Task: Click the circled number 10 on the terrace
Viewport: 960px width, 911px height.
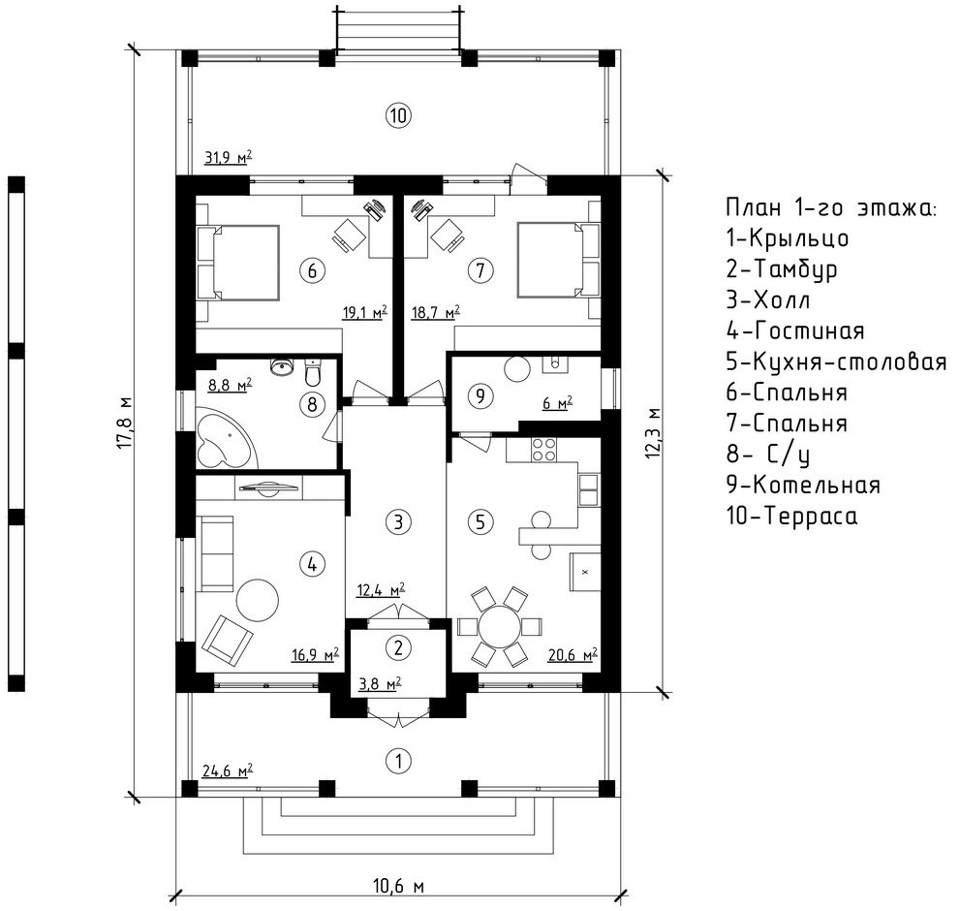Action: pos(398,115)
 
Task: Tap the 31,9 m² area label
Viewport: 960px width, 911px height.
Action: pos(228,157)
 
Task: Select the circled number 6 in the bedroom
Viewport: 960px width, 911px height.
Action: pos(312,269)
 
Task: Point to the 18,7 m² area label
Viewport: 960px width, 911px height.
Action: pos(435,312)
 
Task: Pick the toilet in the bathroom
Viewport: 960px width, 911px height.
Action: pos(312,370)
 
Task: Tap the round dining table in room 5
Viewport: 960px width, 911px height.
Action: pos(500,627)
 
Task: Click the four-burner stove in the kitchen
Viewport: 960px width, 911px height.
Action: pos(543,449)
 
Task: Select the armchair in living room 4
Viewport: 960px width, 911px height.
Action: pos(227,641)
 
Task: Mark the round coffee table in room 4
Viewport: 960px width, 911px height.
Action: pos(258,600)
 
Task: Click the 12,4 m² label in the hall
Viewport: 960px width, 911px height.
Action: pos(380,590)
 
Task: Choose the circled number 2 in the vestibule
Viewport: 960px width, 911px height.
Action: pos(398,647)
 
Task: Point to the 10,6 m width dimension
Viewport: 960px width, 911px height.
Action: pos(398,886)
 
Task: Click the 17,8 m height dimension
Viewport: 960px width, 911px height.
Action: pos(125,423)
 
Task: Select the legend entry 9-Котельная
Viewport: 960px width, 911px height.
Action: pos(803,485)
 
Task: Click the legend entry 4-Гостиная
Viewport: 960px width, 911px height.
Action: pos(795,330)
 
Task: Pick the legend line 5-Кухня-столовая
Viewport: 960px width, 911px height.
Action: pos(836,361)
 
